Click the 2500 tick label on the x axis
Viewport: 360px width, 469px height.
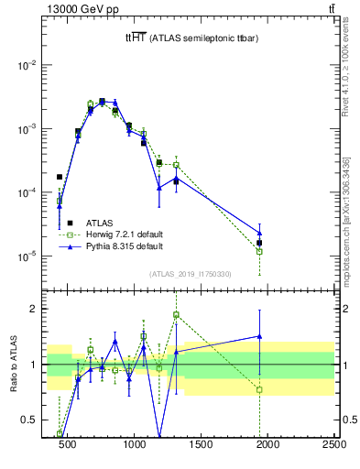point(333,445)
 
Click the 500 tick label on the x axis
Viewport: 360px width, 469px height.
point(67,445)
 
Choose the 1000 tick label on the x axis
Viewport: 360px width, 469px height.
point(135,445)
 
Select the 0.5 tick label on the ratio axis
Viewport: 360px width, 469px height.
point(34,420)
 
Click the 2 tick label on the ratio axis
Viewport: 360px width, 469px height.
point(38,309)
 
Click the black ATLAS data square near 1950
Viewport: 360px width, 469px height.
point(260,243)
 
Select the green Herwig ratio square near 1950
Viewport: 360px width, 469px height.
point(260,389)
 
